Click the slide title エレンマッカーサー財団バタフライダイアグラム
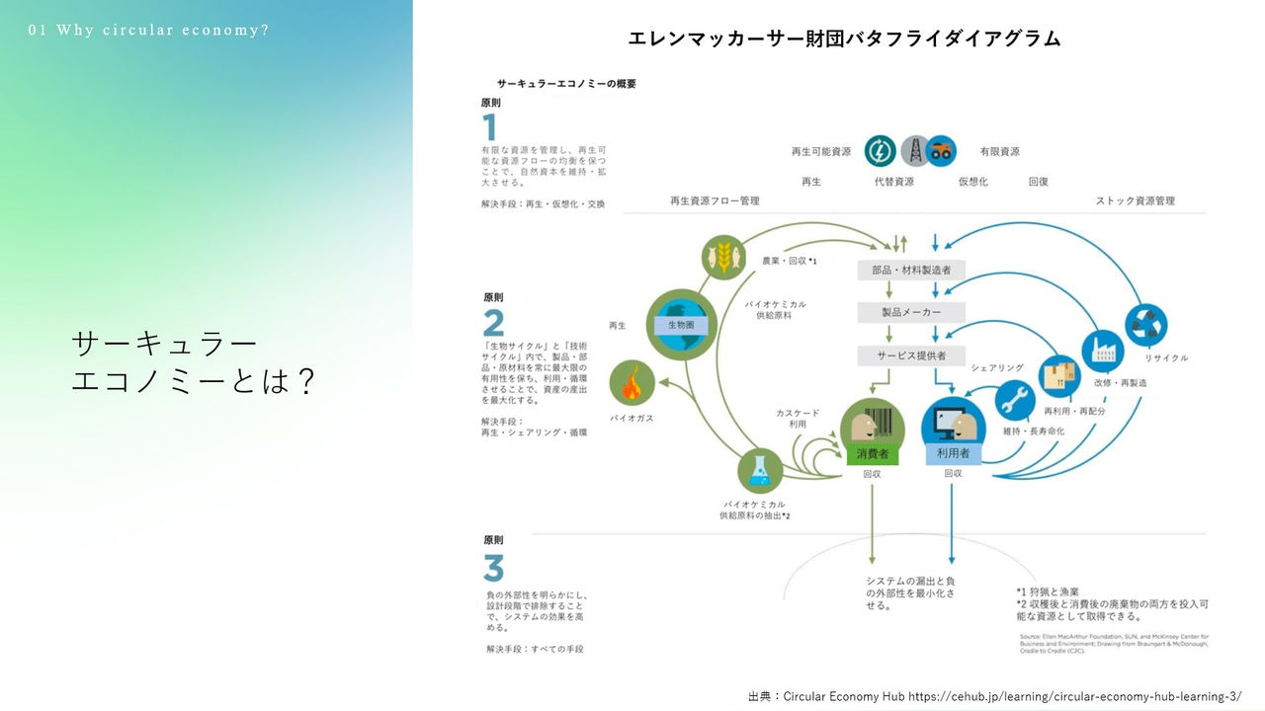tap(844, 39)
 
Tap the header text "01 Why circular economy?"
tap(149, 30)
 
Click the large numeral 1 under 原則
tap(489, 127)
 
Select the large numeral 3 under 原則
tap(493, 569)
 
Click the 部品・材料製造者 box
tap(910, 271)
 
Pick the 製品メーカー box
tap(910, 312)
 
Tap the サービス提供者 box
tap(910, 355)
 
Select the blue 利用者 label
tap(953, 454)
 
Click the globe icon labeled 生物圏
tap(680, 324)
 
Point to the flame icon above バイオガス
tap(630, 383)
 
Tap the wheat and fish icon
tap(723, 257)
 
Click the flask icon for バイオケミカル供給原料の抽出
tap(759, 471)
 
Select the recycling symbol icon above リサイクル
tap(1146, 323)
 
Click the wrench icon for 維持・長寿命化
tap(1015, 400)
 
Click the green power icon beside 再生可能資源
tap(880, 150)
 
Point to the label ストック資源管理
tap(1135, 200)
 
